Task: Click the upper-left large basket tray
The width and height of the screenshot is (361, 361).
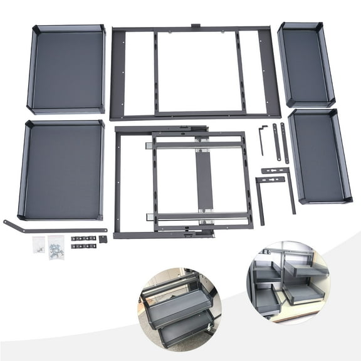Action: (x=66, y=69)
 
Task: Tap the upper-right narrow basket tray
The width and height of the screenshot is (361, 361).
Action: (x=305, y=65)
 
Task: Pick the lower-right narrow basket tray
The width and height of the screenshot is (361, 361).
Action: (x=320, y=157)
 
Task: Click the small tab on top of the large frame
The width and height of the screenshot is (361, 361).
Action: (x=194, y=26)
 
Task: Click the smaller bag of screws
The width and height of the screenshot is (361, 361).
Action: (x=39, y=244)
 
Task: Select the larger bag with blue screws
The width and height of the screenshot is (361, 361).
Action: (x=56, y=245)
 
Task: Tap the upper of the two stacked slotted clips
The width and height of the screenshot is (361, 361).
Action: (x=82, y=239)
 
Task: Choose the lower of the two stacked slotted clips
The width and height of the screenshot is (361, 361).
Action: (x=82, y=246)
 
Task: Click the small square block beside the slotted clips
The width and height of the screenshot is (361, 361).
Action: (x=103, y=239)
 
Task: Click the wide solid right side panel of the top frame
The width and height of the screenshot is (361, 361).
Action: (x=269, y=72)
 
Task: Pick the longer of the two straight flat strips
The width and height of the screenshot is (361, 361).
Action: (x=285, y=143)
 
